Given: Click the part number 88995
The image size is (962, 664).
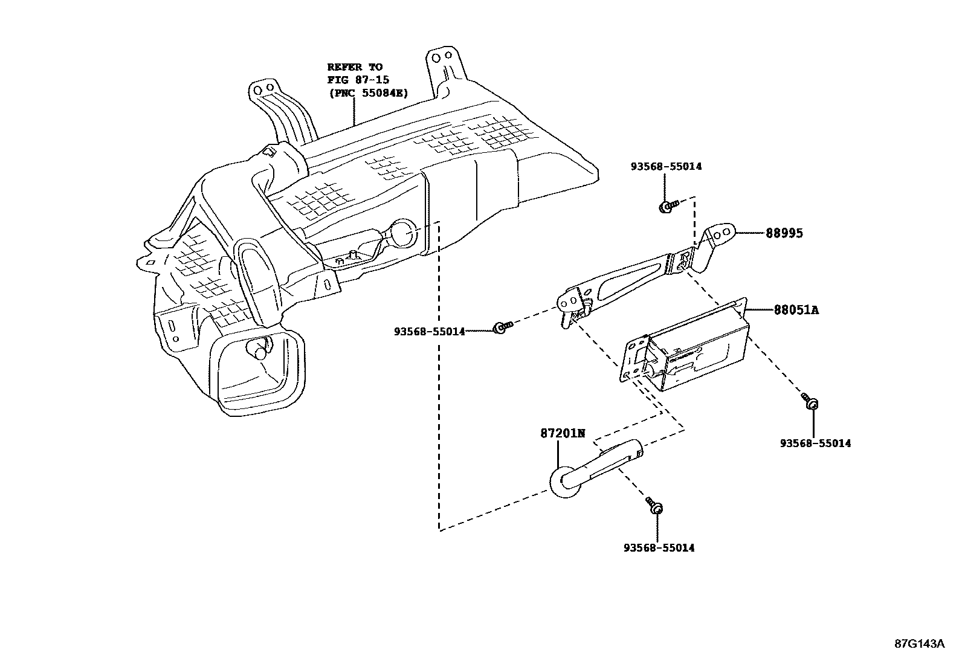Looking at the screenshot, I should pos(784,233).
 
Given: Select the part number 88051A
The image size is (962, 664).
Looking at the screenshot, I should pos(796,310).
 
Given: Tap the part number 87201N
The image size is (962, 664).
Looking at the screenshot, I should pos(563,433).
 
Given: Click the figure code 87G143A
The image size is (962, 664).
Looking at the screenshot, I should pos(919,643).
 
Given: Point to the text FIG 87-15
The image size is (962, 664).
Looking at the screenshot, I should pos(358,80).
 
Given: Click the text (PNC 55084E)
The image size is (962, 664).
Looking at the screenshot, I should pos(368,93).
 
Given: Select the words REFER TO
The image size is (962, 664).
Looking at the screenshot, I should pos(355,66).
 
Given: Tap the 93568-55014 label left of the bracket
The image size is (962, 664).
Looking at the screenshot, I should pos(430,331).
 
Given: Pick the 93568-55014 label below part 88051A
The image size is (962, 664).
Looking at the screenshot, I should pos(815,443).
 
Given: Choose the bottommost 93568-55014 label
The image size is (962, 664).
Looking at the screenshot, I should pos(659,548).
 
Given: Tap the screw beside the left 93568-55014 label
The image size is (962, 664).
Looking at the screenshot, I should pos(502,327).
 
